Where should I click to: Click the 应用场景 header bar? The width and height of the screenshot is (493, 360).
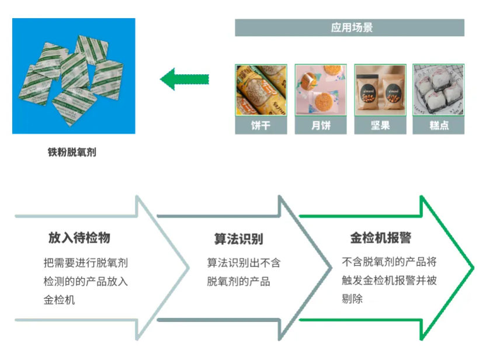point(349,27)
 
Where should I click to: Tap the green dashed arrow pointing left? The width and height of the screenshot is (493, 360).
point(184,79)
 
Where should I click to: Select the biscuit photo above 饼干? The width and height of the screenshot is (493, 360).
point(261,90)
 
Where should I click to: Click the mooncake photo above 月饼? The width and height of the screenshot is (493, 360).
point(320,90)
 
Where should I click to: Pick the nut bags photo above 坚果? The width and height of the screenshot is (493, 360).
point(380,90)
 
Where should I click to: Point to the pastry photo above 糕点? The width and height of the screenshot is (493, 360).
point(438,90)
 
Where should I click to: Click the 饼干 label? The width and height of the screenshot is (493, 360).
point(261,126)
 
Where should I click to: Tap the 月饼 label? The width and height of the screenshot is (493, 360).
point(320,126)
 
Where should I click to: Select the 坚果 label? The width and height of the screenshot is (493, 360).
point(380,126)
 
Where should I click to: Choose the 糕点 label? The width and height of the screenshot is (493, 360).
point(438,126)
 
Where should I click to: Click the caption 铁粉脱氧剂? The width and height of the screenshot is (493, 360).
point(72,153)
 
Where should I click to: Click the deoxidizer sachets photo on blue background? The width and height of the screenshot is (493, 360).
point(74,76)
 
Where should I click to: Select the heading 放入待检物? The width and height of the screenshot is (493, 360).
point(79,238)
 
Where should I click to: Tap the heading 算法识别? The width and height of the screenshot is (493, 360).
point(238,239)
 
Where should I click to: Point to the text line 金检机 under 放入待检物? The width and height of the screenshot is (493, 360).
point(59,300)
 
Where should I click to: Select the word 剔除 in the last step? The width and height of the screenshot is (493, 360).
point(352,299)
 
